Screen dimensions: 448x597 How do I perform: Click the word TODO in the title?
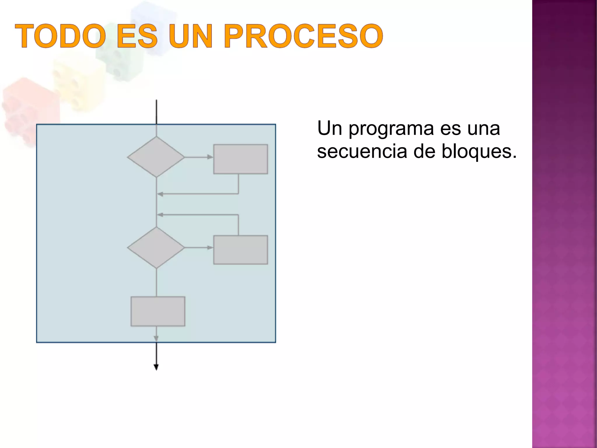60,36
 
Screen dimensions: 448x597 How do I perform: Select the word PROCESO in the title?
303,36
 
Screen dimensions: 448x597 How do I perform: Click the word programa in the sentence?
391,129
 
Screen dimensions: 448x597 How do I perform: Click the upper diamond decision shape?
156,157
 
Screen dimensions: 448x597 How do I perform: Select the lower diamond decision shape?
156,247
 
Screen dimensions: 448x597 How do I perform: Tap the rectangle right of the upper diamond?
240,159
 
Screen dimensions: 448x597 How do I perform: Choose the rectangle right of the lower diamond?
240,250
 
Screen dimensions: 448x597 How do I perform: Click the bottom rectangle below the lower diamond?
158,311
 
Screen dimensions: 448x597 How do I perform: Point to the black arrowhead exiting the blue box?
156,367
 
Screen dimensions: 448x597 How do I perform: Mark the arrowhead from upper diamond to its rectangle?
210,157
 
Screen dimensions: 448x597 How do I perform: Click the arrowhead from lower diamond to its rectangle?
210,247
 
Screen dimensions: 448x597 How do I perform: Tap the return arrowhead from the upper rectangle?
160,194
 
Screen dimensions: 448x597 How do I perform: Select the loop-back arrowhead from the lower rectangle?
160,215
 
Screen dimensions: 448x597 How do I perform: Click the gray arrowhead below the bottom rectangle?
156,338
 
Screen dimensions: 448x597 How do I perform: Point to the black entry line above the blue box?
157,112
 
